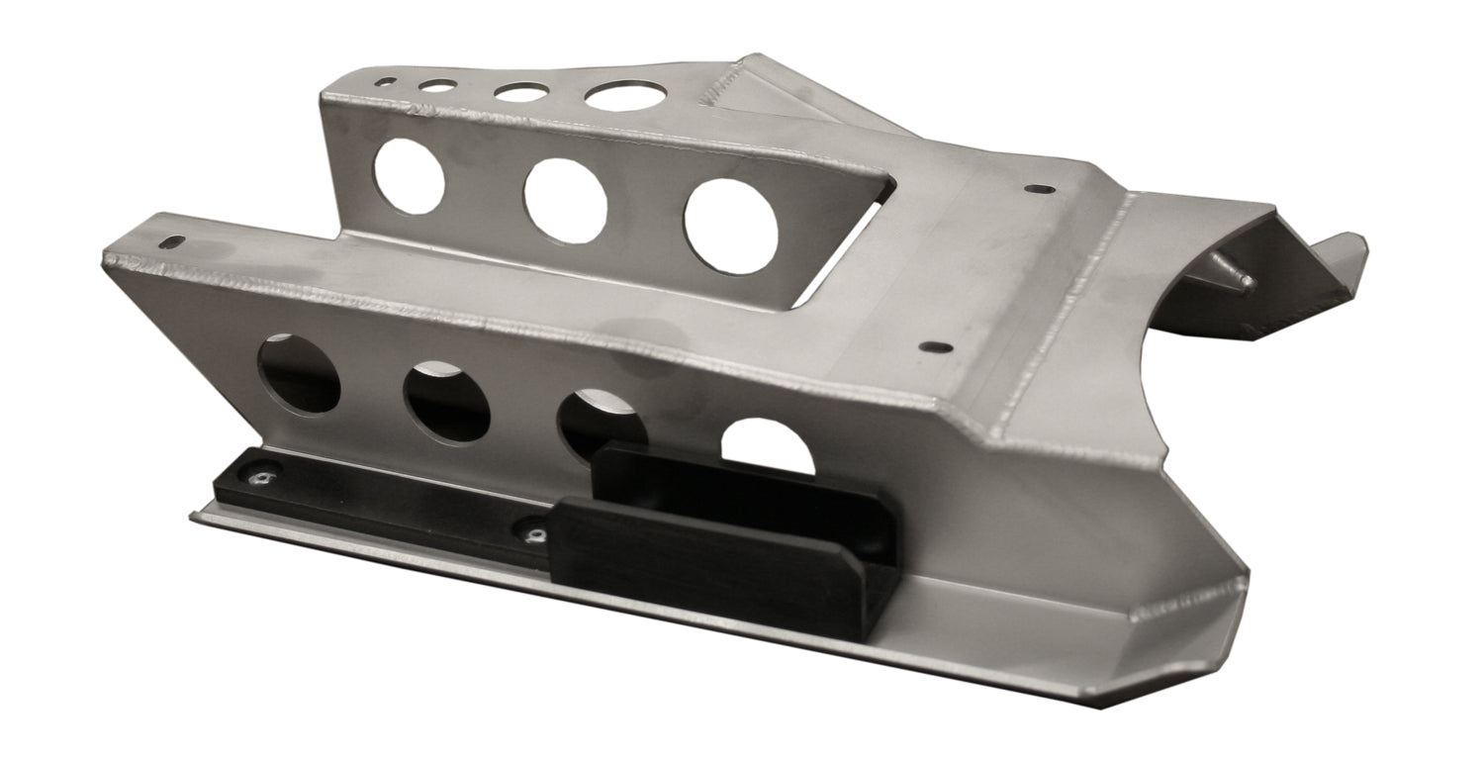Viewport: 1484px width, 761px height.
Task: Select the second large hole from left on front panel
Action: tap(446, 402)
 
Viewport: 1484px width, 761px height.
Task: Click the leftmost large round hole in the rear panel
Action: tap(410, 176)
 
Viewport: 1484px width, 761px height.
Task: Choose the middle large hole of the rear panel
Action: tap(566, 201)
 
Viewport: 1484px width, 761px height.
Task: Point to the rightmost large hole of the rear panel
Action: tap(731, 227)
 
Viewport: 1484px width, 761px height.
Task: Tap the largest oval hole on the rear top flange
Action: tap(623, 96)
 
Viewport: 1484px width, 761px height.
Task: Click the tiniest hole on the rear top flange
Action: tap(389, 82)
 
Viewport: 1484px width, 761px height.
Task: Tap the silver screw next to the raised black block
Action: tap(535, 535)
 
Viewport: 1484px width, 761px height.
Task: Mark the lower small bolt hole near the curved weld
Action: tap(933, 347)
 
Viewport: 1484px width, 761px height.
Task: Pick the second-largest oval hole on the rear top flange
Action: tap(521, 91)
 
